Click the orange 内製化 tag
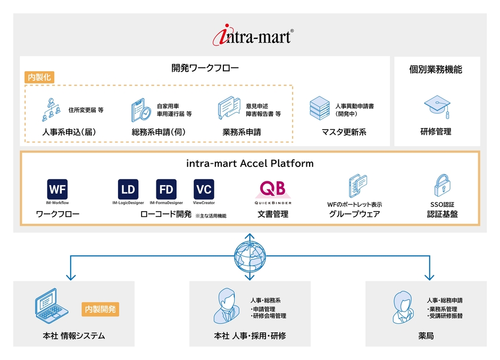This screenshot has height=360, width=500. pyautogui.click(x=39, y=77)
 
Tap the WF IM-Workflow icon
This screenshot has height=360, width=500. pyautogui.click(x=57, y=189)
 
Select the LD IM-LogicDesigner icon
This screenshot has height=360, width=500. pyautogui.click(x=128, y=189)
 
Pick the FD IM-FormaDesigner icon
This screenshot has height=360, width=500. pyautogui.click(x=166, y=189)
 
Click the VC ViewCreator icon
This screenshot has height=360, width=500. pyautogui.click(x=204, y=189)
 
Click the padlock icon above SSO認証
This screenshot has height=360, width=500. pyautogui.click(x=443, y=186)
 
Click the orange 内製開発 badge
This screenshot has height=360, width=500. pyautogui.click(x=100, y=308)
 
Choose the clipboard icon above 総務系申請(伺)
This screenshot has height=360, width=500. pyautogui.click(x=141, y=110)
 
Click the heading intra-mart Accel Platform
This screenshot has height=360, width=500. pyautogui.click(x=249, y=164)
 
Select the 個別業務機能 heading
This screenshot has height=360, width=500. pyautogui.click(x=436, y=70)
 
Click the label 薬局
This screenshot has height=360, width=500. pyautogui.click(x=426, y=336)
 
